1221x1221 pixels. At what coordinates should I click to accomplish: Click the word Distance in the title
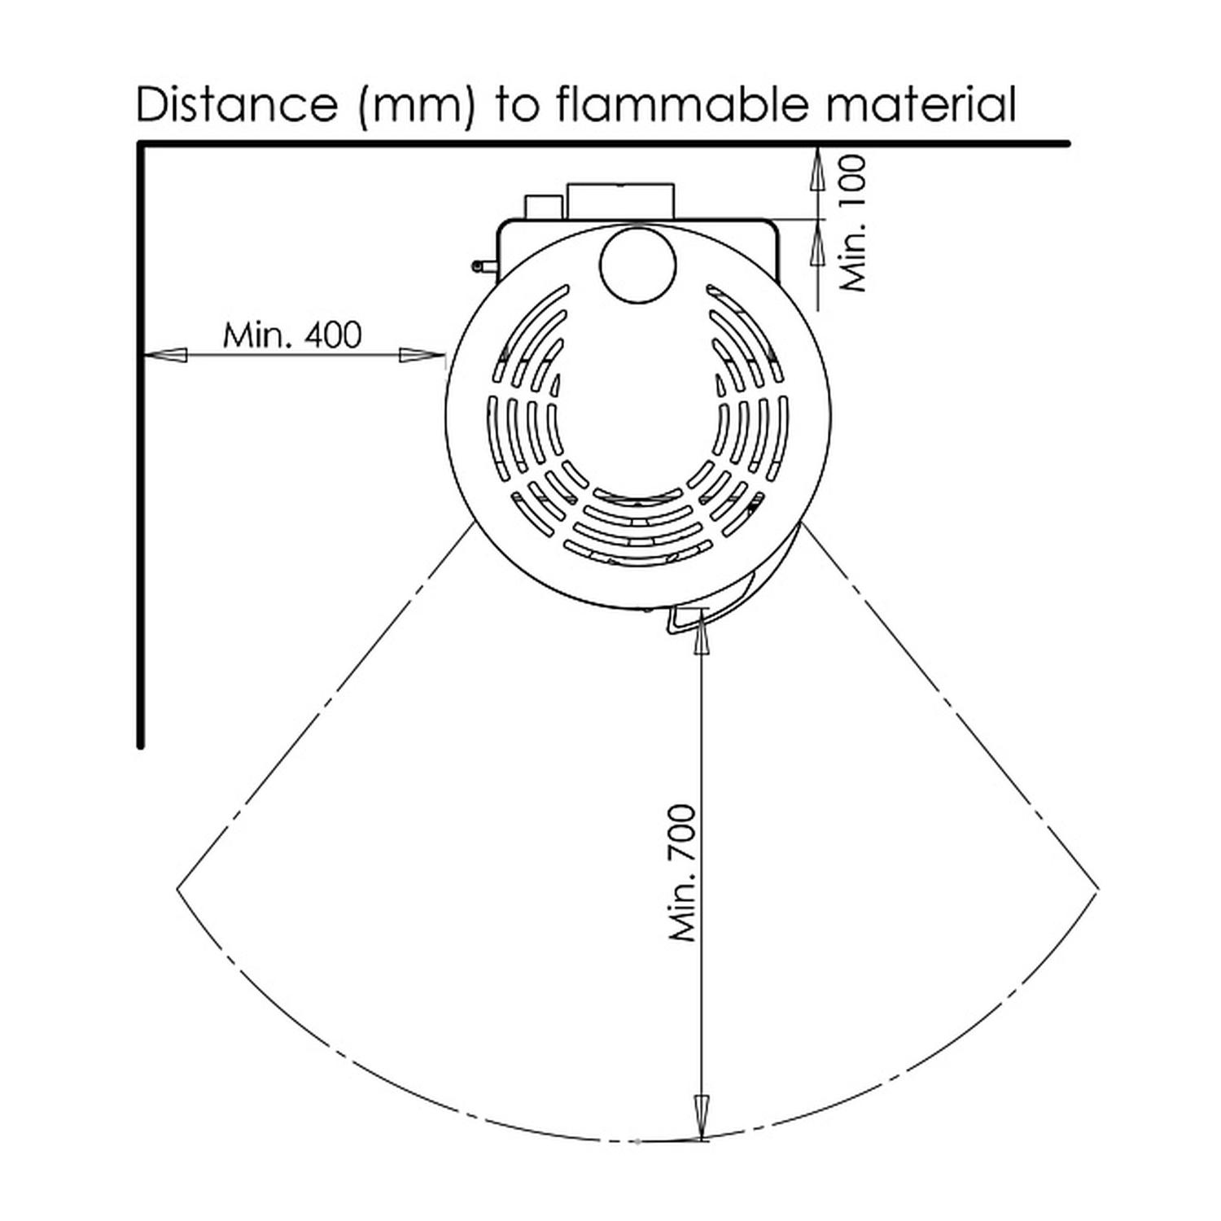click(236, 104)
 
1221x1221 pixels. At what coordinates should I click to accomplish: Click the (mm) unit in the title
click(415, 106)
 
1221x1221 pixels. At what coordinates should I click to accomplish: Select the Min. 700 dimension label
click(684, 873)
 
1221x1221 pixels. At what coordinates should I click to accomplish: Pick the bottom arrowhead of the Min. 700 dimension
click(700, 1116)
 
